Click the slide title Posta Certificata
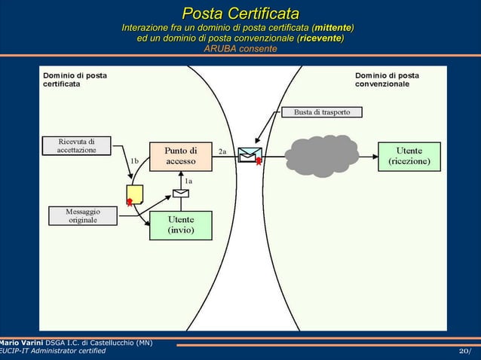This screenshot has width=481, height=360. tap(240, 14)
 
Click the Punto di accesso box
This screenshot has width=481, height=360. tap(181, 156)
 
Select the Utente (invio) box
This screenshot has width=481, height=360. tap(181, 224)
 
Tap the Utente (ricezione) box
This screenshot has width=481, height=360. tap(409, 156)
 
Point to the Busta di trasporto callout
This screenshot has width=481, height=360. tap(322, 112)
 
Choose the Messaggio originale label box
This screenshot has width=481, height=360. tap(83, 215)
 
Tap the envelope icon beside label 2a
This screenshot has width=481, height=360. tap(249, 155)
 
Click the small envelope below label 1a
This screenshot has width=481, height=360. tap(180, 193)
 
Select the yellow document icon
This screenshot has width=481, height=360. tap(135, 194)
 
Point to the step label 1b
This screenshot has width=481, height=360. tap(134, 160)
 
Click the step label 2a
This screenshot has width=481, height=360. tap(222, 151)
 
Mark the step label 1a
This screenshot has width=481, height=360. tap(188, 181)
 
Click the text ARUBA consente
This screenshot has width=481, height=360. tap(240, 49)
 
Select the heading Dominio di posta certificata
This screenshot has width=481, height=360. tap(75, 80)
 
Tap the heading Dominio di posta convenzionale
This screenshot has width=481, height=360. tap(387, 80)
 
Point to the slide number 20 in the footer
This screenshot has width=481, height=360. tap(464, 352)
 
